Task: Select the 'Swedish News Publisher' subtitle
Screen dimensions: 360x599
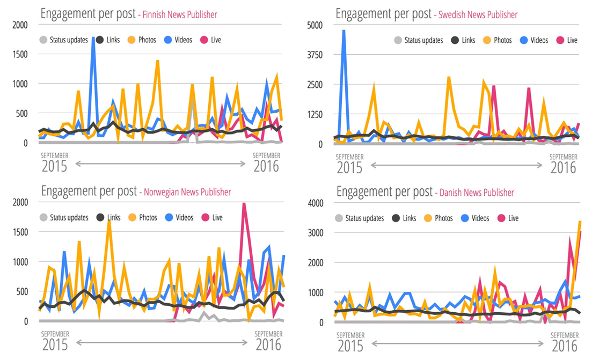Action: pos(478,14)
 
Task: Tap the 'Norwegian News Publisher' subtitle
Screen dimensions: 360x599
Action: pos(185,192)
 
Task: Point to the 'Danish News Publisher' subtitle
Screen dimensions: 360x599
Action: pos(477,192)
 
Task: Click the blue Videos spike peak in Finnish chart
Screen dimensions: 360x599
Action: pos(93,39)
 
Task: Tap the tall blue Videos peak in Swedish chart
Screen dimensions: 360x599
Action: pos(344,31)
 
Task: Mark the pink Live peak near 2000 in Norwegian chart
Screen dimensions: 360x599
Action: pos(244,204)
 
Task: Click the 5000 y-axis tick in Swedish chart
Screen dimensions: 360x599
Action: pos(313,25)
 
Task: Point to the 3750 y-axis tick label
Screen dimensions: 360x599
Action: pos(313,55)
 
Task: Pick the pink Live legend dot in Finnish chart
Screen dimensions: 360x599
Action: pos(204,40)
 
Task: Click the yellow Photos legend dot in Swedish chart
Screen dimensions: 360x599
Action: pos(487,40)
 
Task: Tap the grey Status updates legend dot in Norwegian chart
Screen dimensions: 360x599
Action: pos(43,218)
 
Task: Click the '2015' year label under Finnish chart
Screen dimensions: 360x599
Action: pos(54,166)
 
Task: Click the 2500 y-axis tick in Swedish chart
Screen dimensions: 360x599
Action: pos(313,84)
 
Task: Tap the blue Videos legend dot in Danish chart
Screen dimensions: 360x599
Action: pos(465,218)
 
